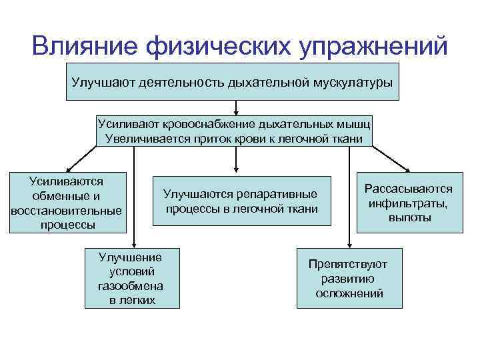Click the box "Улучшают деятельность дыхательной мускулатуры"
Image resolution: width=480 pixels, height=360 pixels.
[233, 82]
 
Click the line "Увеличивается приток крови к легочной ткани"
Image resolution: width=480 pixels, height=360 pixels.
[234, 139]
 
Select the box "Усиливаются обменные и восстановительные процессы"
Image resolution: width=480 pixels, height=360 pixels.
[67, 203]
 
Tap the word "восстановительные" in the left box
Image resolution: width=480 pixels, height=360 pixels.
[67, 211]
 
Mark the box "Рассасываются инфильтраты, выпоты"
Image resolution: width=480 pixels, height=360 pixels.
[409, 204]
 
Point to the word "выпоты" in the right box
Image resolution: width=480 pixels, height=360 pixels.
[409, 218]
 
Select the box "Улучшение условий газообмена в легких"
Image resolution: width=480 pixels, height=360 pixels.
[132, 278]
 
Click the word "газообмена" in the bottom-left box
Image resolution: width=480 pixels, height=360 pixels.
[132, 285]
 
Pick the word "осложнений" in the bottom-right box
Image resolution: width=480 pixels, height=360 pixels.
[349, 293]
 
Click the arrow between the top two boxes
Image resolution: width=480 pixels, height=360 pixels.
[235, 108]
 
